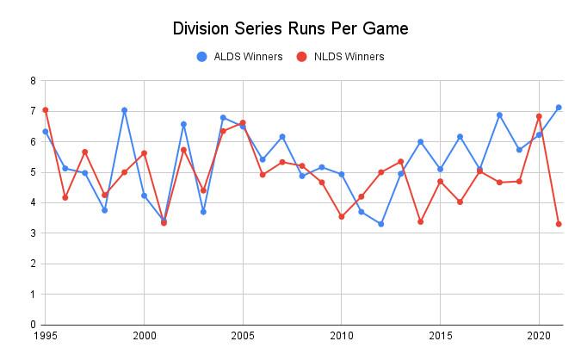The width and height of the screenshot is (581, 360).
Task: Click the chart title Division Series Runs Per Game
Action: point(290,28)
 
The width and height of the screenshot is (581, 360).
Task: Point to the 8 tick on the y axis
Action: point(32,81)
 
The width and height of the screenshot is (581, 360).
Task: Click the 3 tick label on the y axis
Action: point(32,233)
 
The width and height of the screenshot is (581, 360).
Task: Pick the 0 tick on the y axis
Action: point(32,325)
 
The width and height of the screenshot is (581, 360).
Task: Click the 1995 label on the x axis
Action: point(45,336)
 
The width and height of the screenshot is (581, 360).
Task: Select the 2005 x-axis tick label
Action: point(243,336)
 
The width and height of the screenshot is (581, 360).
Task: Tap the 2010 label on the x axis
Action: point(342,336)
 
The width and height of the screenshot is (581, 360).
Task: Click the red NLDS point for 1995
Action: point(45,110)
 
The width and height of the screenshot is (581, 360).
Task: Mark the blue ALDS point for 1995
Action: point(45,132)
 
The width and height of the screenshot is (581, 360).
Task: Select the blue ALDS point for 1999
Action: point(124,110)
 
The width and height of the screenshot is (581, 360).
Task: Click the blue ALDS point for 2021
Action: point(559,108)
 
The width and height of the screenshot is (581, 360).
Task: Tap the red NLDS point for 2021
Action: point(559,224)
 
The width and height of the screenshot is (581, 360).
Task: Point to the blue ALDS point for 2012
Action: point(380,224)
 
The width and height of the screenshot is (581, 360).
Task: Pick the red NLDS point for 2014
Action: point(420,221)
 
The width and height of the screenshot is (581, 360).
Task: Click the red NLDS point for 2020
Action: point(539,116)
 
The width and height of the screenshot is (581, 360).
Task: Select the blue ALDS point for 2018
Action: point(499,115)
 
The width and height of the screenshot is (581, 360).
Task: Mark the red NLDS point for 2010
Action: point(342,216)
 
